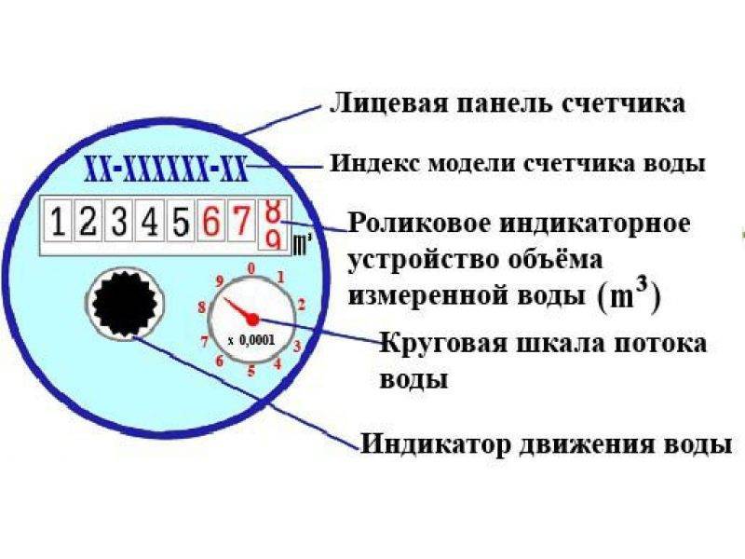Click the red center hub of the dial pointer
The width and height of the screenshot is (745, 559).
tap(251, 320)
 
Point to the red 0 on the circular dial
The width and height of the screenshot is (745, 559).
tap(251, 267)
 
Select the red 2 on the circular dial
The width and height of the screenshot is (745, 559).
tap(302, 304)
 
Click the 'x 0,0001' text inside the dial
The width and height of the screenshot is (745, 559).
tap(251, 340)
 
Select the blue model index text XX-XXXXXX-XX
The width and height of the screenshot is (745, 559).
tap(166, 169)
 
